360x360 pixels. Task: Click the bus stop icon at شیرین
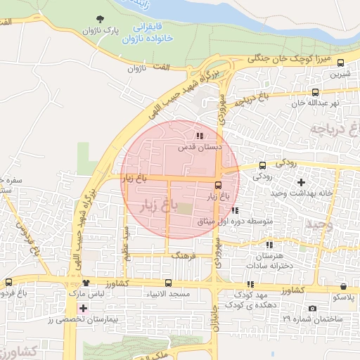click(x=341, y=63)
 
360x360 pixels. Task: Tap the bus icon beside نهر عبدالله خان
click(x=315, y=91)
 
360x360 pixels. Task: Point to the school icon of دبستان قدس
click(x=200, y=136)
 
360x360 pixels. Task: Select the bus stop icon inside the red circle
click(x=218, y=185)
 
